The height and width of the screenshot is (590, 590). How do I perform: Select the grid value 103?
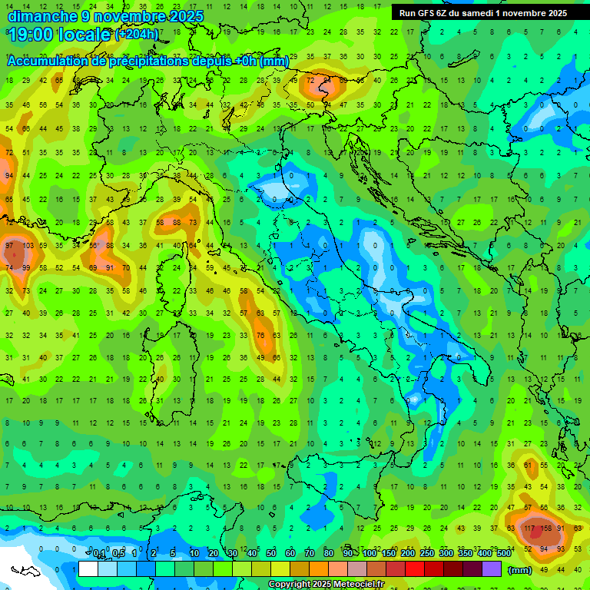pyautogui.click(x=28, y=246)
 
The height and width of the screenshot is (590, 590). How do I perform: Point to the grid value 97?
pyautogui.click(x=9, y=246)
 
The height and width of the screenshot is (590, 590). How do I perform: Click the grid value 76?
pyautogui.click(x=260, y=335)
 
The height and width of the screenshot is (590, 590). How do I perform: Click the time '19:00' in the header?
pyautogui.click(x=31, y=35)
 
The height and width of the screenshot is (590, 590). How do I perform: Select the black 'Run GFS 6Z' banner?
pyautogui.click(x=483, y=13)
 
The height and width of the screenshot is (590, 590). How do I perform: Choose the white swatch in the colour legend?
pyautogui.click(x=88, y=568)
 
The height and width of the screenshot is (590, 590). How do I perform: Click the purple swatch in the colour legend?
pyautogui.click(x=492, y=568)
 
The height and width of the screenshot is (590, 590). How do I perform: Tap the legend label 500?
pyautogui.click(x=503, y=554)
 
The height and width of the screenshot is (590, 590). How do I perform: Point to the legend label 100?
pyautogui.click(x=369, y=554)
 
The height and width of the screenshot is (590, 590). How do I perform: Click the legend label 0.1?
pyautogui.click(x=99, y=554)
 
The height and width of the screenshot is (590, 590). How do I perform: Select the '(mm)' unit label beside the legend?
pyautogui.click(x=520, y=569)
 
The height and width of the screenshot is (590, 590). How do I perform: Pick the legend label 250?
pyautogui.click(x=426, y=554)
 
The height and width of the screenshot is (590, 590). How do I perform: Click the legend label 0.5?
pyautogui.click(x=118, y=554)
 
